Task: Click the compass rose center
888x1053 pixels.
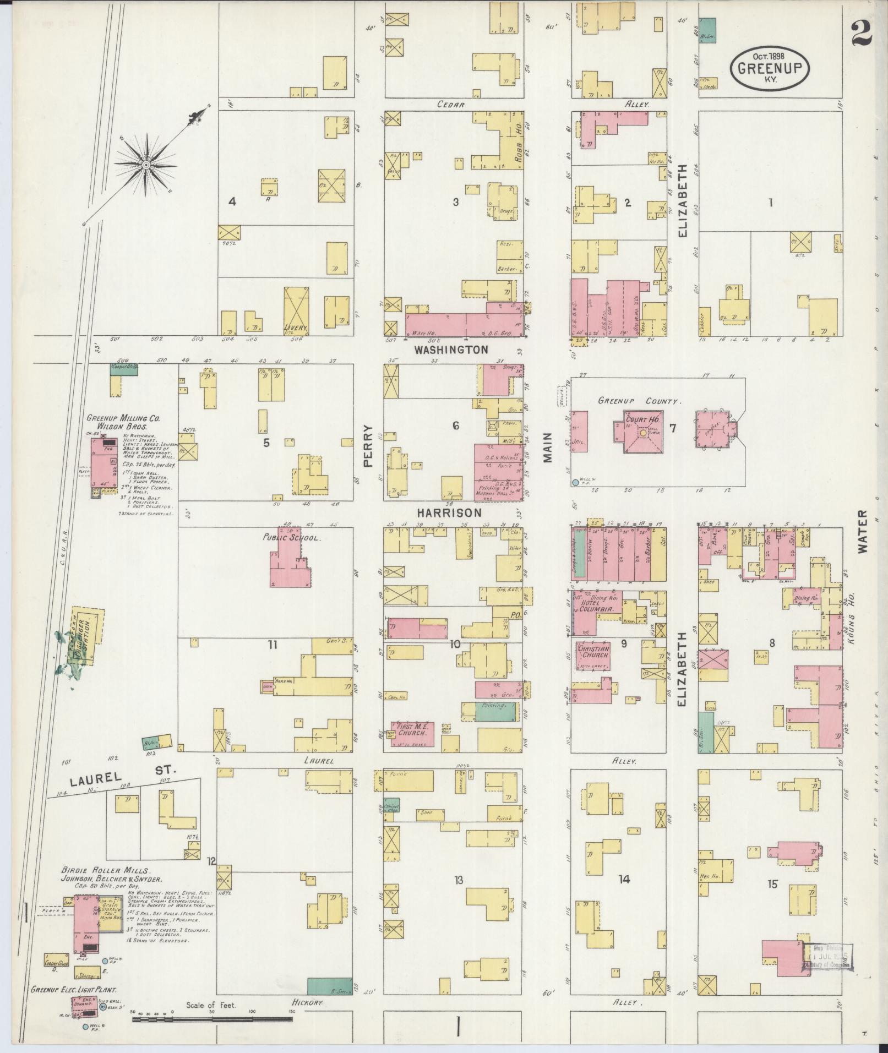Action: [x=146, y=165]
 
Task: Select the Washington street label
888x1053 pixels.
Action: [x=451, y=350]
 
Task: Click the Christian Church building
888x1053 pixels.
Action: [x=593, y=655]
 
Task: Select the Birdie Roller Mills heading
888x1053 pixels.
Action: [x=105, y=871]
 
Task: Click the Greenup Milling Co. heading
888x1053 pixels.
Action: [x=123, y=418]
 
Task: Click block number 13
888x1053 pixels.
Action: [x=458, y=880]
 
